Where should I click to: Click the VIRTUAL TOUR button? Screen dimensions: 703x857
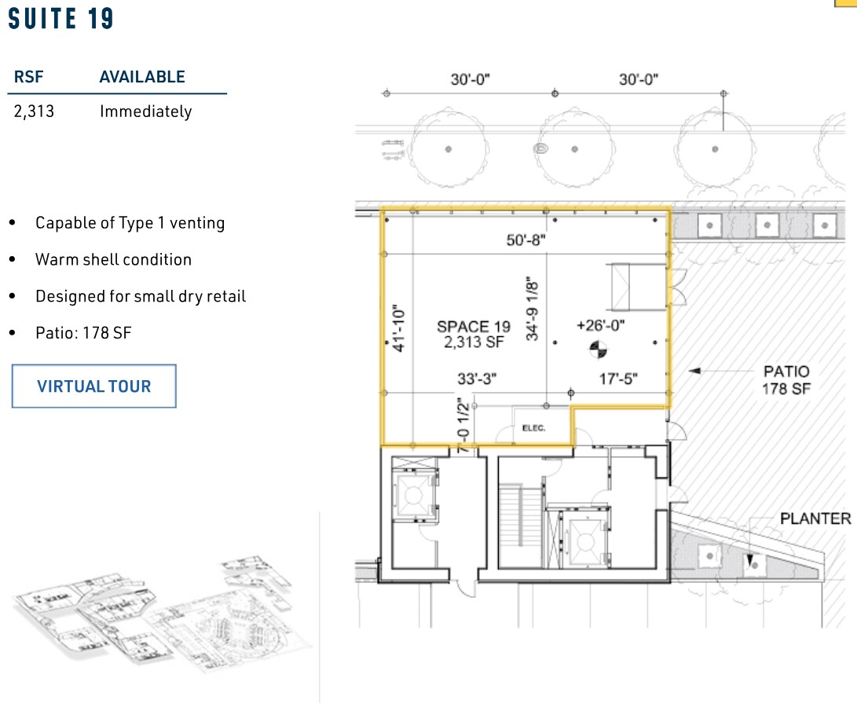[x=93, y=386]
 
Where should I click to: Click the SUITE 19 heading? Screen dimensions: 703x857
[x=61, y=19]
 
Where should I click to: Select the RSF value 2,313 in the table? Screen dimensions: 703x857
[x=34, y=112]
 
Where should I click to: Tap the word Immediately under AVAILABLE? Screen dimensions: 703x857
[x=145, y=112]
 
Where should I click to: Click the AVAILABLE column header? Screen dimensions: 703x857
[x=142, y=77]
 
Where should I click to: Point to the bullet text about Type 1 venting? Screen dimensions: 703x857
[x=130, y=223]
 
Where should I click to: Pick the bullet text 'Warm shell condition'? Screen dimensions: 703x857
[x=113, y=259]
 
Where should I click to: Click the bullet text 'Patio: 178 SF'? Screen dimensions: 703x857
[x=83, y=333]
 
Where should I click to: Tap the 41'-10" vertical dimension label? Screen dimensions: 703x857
[x=397, y=328]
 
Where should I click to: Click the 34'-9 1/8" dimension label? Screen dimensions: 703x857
[x=534, y=306]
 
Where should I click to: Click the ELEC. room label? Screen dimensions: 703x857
[x=533, y=428]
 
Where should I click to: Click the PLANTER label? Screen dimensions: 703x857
[x=815, y=518]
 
